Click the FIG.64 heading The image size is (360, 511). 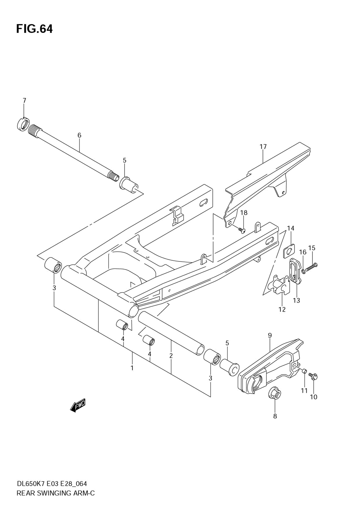click(x=34, y=29)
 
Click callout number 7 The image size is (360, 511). click(x=24, y=101)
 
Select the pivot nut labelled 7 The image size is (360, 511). click(x=23, y=125)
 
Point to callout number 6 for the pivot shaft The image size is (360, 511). click(x=79, y=135)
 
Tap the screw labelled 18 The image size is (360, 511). click(x=242, y=229)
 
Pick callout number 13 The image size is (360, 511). click(x=296, y=300)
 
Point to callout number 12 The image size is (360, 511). click(x=282, y=309)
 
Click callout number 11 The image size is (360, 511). click(x=304, y=391)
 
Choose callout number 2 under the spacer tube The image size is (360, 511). click(x=171, y=356)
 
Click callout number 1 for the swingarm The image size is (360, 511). click(x=132, y=368)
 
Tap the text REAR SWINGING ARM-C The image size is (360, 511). click(x=55, y=493)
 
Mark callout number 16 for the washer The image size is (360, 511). click(x=302, y=252)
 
